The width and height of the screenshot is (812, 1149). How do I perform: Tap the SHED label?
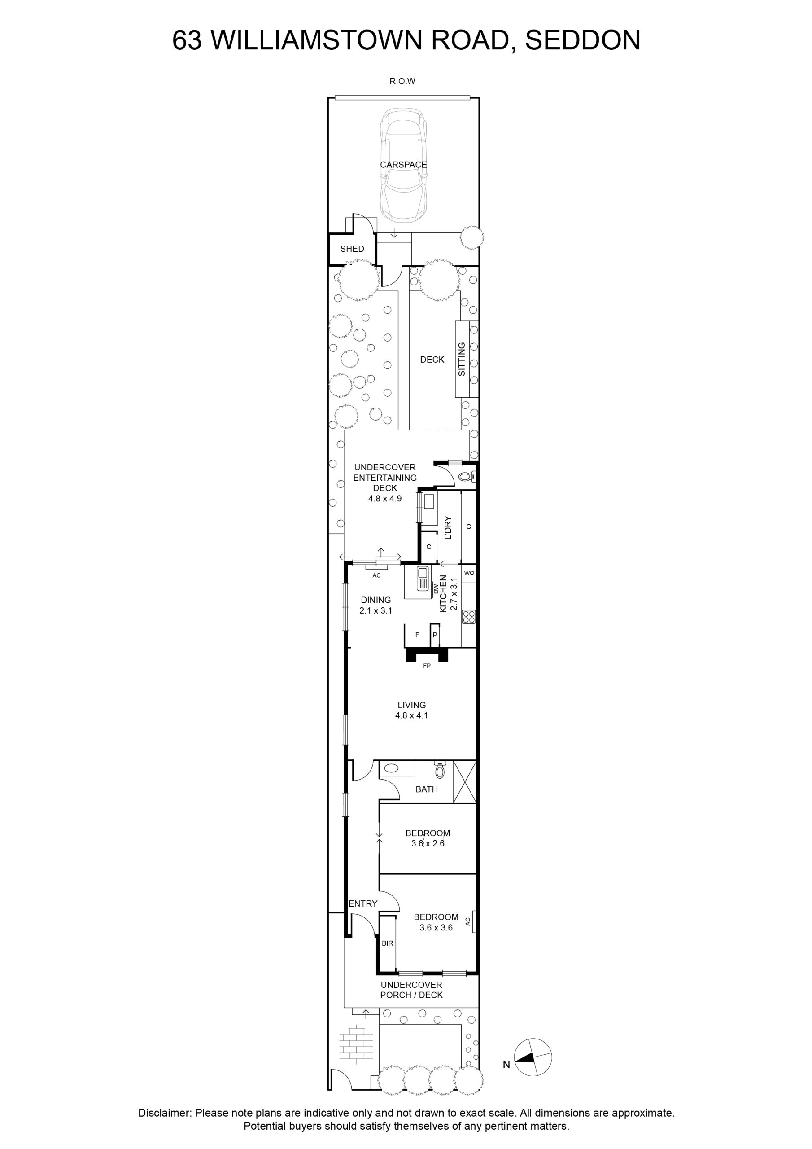352,249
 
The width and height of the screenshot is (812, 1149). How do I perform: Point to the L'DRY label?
448,527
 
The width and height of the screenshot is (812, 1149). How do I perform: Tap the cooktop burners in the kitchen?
469,617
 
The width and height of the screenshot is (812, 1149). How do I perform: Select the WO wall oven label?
469,573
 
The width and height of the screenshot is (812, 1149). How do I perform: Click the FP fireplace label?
427,666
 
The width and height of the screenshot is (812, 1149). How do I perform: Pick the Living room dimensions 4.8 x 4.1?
411,715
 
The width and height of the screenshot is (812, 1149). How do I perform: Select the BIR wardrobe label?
387,943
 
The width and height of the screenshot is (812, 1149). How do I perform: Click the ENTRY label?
363,903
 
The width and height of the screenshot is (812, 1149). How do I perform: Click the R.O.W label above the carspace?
402,81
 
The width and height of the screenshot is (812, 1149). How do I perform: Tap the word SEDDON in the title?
583,40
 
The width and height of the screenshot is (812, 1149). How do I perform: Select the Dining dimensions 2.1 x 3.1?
376,610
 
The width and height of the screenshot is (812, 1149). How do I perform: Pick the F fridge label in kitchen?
417,635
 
